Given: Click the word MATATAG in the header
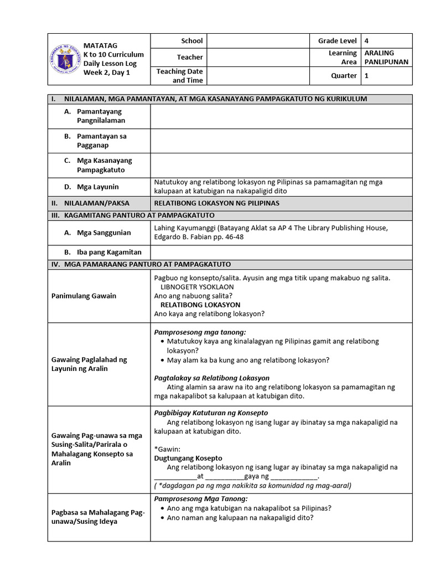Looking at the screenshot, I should point(100,45).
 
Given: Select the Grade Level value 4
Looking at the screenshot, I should point(366,41).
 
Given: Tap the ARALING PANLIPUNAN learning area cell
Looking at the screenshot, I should point(386,57).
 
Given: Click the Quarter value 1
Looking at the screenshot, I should point(366,76).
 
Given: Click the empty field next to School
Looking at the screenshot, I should point(258,41).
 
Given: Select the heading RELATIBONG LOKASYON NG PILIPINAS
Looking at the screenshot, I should point(216,203).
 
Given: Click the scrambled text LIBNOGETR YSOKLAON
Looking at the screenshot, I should point(197,287).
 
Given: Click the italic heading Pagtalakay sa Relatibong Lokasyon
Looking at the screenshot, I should point(211,378).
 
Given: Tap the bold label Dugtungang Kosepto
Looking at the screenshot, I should point(188,458).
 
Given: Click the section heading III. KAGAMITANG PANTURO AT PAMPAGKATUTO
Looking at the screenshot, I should point(132,215).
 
